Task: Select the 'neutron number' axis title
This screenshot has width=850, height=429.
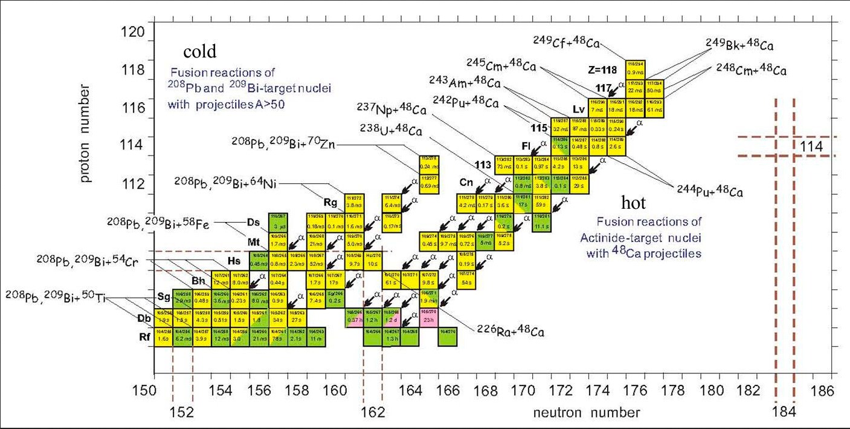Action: [585, 413]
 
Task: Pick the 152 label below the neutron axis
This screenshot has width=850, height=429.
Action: [182, 413]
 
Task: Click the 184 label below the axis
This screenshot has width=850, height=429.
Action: [784, 413]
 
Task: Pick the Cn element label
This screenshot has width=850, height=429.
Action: [466, 182]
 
